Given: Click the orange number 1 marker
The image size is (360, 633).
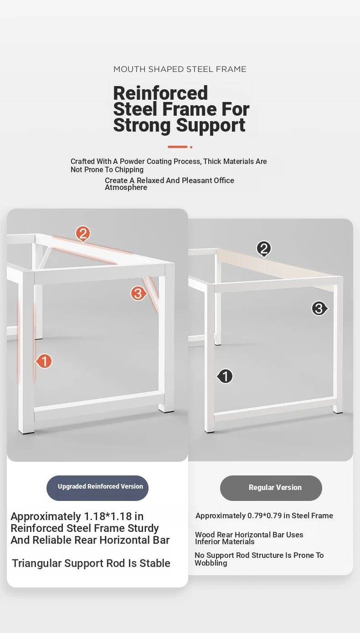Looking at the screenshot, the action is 44,361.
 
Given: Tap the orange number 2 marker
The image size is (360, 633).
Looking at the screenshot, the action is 83,234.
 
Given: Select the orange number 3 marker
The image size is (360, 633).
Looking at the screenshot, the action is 138,293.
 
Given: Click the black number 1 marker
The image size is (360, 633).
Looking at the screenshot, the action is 225,376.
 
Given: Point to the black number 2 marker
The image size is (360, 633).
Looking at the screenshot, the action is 264,249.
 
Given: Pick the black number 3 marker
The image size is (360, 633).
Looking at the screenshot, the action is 319,308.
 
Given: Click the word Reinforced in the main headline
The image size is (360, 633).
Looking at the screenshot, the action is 160,93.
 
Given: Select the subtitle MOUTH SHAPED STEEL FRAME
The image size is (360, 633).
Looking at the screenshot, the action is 180,69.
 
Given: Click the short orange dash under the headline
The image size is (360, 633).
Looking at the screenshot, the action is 178,147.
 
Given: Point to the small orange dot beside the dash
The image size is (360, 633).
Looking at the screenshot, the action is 191,147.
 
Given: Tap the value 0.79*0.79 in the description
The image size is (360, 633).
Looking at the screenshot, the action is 265,516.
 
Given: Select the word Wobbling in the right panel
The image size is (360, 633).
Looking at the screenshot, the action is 211,563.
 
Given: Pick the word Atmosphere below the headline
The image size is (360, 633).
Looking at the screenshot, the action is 126,187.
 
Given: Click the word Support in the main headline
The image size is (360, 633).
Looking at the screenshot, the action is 211,125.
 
